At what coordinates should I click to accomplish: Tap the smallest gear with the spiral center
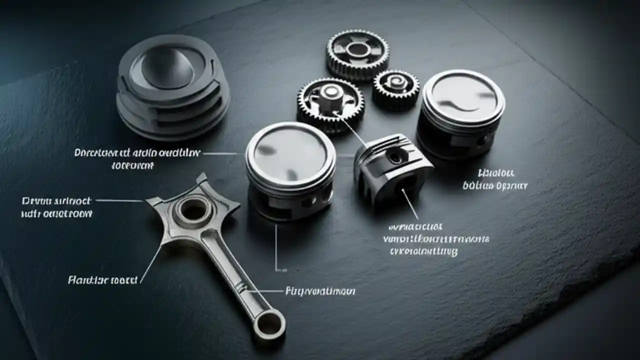[395, 88]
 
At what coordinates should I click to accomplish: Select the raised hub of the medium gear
[330, 94]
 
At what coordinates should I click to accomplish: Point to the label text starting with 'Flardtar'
[102, 280]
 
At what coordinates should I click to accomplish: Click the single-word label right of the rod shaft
[320, 291]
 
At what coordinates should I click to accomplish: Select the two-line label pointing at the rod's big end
[57, 207]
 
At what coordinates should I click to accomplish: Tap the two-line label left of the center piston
[137, 158]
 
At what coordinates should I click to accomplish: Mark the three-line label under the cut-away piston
[435, 239]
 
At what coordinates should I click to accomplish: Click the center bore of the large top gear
[357, 49]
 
